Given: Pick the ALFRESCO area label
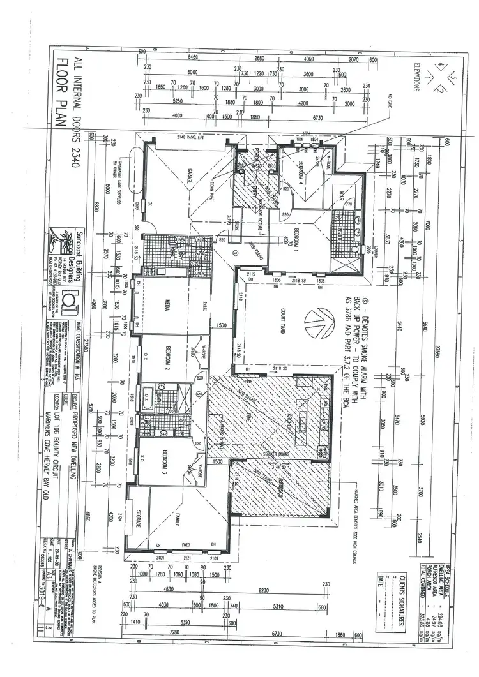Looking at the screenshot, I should click(278, 484).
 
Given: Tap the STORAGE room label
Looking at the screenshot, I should click(139, 519).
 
